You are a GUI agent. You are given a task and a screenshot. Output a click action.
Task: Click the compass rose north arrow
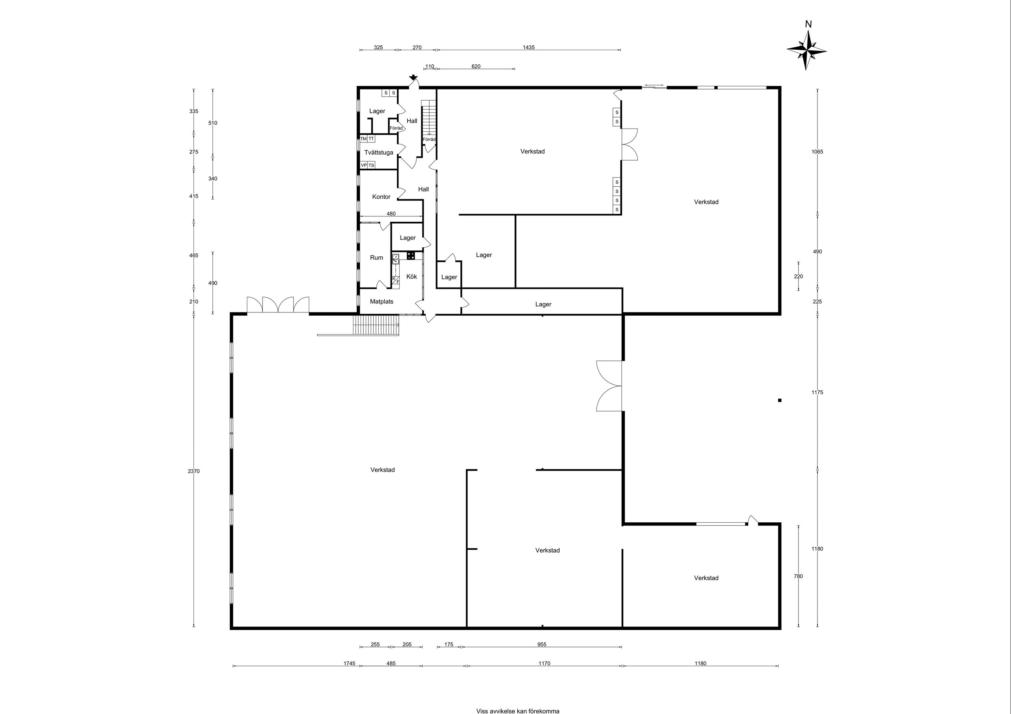tap(806, 50)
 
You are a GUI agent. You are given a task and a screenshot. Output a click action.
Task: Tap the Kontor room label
tap(381, 197)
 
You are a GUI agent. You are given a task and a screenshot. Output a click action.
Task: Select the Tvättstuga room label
tap(379, 153)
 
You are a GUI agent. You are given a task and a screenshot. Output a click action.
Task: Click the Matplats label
tap(381, 302)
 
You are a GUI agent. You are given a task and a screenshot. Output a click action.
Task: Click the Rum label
tap(376, 258)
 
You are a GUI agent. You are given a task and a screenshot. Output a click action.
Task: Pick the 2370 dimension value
tap(194, 471)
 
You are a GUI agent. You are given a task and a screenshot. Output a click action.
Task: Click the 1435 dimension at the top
tap(529, 47)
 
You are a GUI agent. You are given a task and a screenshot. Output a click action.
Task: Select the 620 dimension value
tap(476, 66)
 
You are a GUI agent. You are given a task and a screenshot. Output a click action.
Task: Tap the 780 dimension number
tap(798, 576)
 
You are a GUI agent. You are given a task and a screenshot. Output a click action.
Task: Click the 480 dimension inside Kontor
tap(391, 214)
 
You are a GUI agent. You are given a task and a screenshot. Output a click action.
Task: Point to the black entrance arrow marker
tap(413, 78)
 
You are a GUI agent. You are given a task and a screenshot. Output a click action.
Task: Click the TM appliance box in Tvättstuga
tap(364, 139)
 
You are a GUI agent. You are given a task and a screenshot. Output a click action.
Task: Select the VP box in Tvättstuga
tap(364, 165)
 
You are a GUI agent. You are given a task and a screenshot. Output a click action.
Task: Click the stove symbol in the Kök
tap(411, 255)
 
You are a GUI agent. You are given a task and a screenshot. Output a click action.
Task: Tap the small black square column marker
tap(780, 400)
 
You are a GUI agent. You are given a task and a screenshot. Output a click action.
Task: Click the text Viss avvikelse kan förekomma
tap(518, 711)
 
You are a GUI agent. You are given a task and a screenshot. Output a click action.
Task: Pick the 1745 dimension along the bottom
tap(350, 664)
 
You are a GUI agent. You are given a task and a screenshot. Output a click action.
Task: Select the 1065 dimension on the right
tap(817, 152)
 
